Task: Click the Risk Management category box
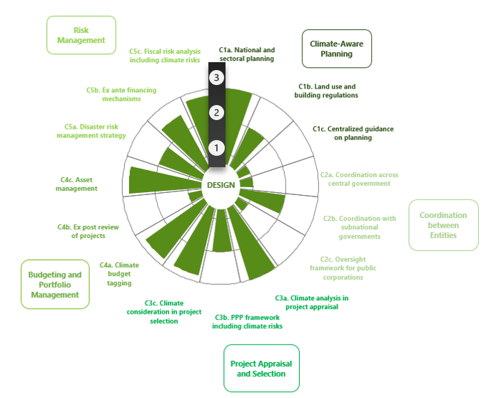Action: pos(81,35)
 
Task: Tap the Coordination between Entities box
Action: pos(442,225)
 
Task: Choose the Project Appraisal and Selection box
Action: pos(261,369)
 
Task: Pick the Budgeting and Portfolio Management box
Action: pos(55,284)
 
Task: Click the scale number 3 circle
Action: pos(217,77)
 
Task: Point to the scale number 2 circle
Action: pos(217,113)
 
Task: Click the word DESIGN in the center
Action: pos(221,185)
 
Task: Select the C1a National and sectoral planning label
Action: pos(246,55)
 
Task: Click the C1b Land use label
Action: pos(328,91)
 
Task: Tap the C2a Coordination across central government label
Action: pos(359,179)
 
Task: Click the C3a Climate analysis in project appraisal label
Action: pos(312,302)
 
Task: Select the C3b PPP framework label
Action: pos(247,322)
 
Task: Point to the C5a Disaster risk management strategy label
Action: pos(91,131)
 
